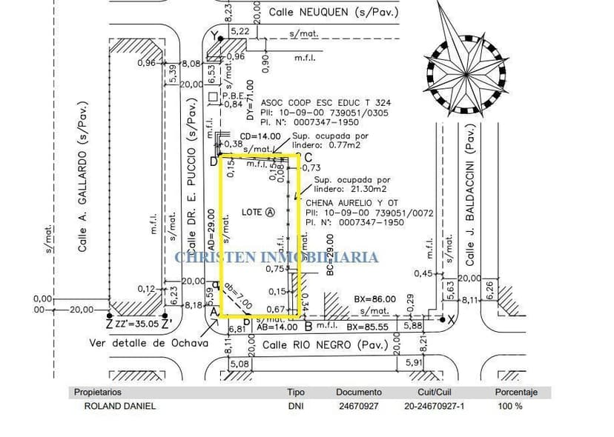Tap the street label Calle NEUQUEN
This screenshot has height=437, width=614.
tap(334, 12)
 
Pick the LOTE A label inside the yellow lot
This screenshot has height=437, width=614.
tap(258, 212)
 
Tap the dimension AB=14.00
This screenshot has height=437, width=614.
tap(278, 327)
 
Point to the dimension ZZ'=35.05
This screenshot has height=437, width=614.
tap(139, 324)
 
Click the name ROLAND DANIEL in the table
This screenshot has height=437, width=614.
tap(120, 406)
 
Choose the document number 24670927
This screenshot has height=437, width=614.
tap(358, 406)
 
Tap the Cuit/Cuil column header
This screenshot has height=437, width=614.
tap(434, 392)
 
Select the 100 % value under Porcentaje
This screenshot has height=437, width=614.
tap(509, 406)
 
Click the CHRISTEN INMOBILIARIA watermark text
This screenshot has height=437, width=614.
tap(276, 257)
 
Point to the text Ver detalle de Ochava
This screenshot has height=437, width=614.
tap(148, 343)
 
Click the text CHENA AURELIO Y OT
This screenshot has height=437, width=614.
tap(353, 202)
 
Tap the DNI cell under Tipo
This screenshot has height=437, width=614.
tap(296, 406)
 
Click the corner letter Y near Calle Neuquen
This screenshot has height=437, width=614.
tap(214, 36)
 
